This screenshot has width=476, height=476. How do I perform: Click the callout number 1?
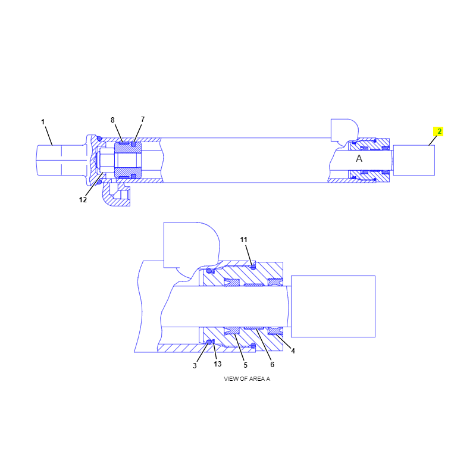click(43, 122)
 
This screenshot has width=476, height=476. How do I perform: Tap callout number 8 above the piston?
click(112, 120)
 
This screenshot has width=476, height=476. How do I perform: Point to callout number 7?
click(143, 120)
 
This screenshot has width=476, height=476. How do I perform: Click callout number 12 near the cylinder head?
click(83, 200)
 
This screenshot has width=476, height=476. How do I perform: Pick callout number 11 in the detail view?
click(243, 240)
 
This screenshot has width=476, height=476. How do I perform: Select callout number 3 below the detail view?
click(195, 366)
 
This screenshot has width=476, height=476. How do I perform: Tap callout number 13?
click(217, 364)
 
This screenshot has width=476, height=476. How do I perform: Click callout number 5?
click(245, 365)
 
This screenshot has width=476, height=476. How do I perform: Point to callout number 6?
click(273, 365)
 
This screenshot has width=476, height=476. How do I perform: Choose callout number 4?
click(293, 351)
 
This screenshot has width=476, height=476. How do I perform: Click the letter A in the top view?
click(359, 158)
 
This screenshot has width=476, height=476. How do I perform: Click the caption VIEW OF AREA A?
click(247, 379)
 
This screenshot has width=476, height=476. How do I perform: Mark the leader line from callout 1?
click(49, 136)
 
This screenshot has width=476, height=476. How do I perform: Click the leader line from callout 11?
click(249, 256)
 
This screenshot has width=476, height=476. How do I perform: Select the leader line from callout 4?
click(284, 340)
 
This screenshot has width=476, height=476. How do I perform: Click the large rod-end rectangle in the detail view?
click(333, 306)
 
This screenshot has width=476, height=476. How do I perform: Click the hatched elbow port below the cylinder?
click(116, 195)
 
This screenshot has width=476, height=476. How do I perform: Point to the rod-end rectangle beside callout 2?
click(414, 160)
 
